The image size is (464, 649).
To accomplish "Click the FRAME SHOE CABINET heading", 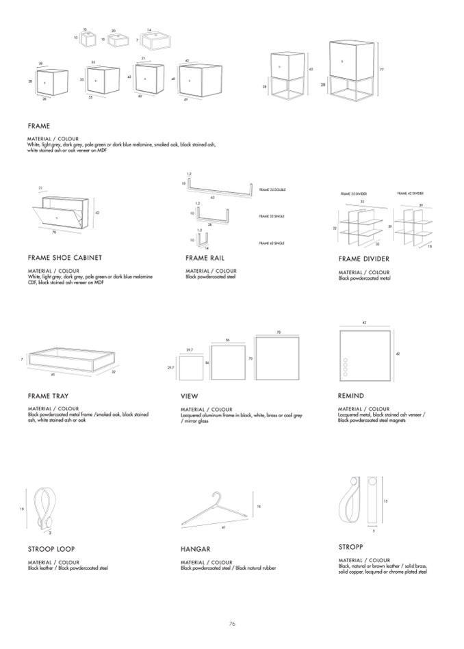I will tap(65, 258).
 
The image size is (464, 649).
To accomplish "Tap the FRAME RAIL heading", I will tap(205, 258).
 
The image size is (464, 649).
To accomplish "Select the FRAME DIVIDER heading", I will tap(363, 259).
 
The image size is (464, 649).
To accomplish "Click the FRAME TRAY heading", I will tap(48, 396).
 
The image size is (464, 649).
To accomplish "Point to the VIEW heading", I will tap(190, 396).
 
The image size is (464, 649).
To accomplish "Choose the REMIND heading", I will tap(351, 396).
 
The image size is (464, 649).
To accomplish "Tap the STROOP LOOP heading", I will tap(51, 549).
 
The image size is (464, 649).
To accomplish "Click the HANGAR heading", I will tap(195, 549).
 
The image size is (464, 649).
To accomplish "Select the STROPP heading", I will tap(350, 547).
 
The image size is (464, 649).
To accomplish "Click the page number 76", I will tap(232, 624).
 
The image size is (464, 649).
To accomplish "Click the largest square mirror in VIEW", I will tap(278, 358).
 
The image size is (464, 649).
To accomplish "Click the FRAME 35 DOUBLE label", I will tap(272, 189).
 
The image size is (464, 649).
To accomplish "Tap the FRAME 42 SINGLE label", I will tap(272, 243).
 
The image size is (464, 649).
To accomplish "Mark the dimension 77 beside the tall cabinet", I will tap(382, 69).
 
